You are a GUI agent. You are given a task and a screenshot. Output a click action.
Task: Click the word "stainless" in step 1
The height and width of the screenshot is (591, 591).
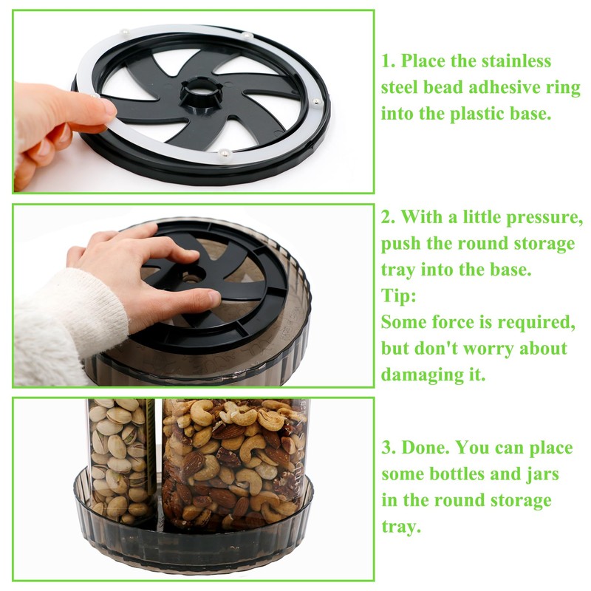(x=516, y=61)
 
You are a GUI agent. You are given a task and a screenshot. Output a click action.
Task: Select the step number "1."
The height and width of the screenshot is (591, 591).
(x=388, y=61)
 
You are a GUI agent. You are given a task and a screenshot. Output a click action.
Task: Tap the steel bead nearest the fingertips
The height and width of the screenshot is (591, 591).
(x=95, y=97)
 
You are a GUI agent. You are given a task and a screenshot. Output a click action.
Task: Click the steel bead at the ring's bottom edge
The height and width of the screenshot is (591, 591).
(x=225, y=153)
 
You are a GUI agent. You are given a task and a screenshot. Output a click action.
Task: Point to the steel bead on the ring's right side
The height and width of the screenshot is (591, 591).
(x=316, y=102)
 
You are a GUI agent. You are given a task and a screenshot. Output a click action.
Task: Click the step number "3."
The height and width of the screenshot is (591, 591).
(x=389, y=448)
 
